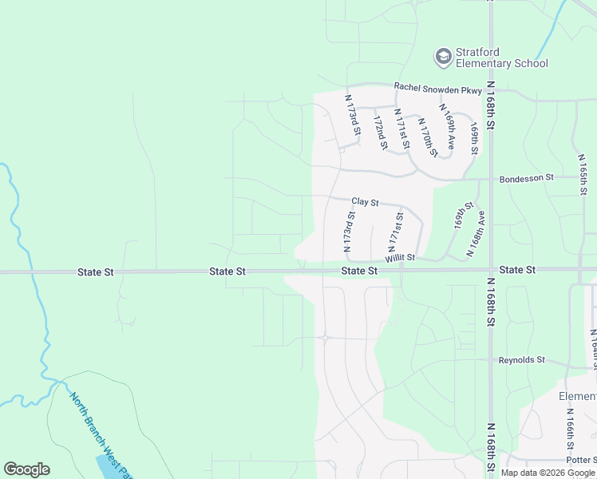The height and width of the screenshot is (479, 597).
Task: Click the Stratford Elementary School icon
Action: coord(443,57)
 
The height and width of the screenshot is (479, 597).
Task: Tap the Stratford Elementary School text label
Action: coord(501,58)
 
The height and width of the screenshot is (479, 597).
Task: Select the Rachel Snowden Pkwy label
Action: coord(438,87)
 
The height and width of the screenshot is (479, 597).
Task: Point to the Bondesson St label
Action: coord(526,179)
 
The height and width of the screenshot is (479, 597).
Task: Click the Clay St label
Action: coord(365,203)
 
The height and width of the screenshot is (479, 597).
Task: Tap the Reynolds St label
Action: coord(522,360)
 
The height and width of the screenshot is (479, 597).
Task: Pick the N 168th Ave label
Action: coord(475,232)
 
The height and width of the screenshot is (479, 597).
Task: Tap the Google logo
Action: coord(26,469)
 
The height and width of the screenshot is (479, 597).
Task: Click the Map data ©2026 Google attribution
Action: coord(548,473)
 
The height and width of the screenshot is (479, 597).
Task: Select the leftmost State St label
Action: coord(96,272)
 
